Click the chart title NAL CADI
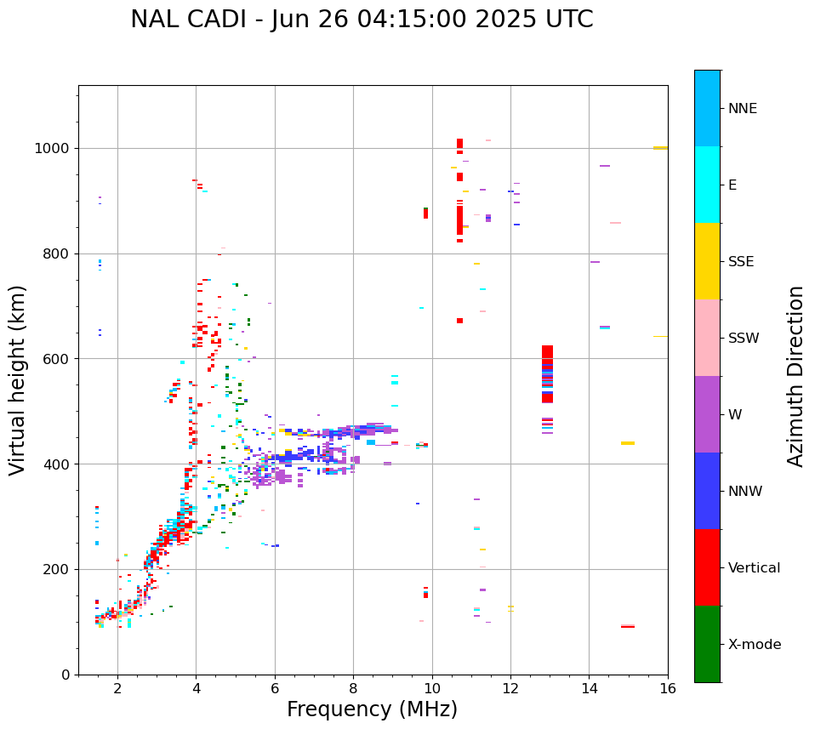point(362,20)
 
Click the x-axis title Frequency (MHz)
point(372,709)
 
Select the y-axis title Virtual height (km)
point(18,379)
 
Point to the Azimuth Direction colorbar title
point(795,375)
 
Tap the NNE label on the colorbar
point(742,109)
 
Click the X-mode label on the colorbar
point(754,645)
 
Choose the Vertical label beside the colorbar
point(754,568)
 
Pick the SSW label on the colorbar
point(744,339)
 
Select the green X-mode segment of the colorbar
point(707,644)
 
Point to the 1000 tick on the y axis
point(54,149)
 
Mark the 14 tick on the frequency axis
point(589,688)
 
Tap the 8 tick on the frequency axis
point(353,688)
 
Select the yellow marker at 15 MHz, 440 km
point(628,443)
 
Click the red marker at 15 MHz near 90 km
point(628,626)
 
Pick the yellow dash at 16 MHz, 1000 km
point(660,148)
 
